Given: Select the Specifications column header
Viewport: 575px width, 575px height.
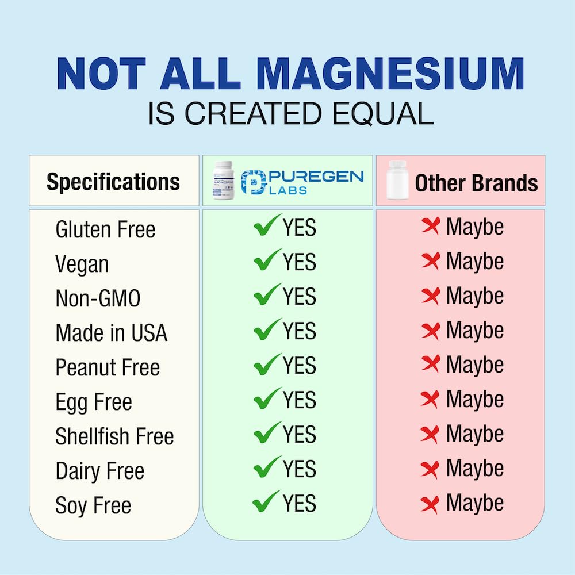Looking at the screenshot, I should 113,182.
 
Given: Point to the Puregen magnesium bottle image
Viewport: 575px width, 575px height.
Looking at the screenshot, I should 224,181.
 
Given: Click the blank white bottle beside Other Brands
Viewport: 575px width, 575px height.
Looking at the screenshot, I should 396,181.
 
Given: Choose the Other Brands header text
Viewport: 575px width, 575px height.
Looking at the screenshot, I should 476,183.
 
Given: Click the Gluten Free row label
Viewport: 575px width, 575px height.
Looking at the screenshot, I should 105,230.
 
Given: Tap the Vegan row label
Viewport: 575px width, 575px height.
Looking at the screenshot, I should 82,264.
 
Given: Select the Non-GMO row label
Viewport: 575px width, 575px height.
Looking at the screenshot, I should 98,299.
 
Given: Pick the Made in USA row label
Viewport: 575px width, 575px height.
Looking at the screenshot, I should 111,333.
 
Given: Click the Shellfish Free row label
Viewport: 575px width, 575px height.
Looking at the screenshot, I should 114,436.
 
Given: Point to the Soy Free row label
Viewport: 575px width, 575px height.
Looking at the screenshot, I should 93,506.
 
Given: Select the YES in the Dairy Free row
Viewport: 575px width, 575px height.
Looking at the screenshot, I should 299,469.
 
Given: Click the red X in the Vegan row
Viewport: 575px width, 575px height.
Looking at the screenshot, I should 430,262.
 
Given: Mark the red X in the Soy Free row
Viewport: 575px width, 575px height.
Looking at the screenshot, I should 430,504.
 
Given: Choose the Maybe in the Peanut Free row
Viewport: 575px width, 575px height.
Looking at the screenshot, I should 474,365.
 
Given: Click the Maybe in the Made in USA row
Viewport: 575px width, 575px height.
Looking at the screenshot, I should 474,331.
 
